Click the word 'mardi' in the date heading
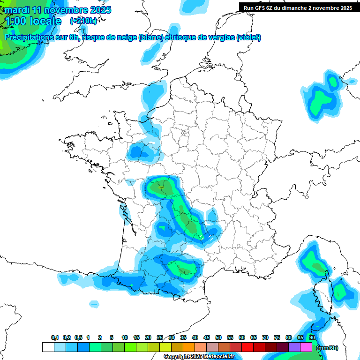17,10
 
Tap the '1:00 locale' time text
33,21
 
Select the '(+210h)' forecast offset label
83,21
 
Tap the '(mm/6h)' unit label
327,348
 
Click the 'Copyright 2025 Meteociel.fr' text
199,357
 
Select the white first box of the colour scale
48,347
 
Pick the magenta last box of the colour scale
306,347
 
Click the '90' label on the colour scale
312,337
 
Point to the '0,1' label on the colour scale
55,337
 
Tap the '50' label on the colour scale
218,337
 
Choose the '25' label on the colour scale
160,337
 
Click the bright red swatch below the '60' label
247,347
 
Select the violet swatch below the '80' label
294,347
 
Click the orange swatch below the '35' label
189,347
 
